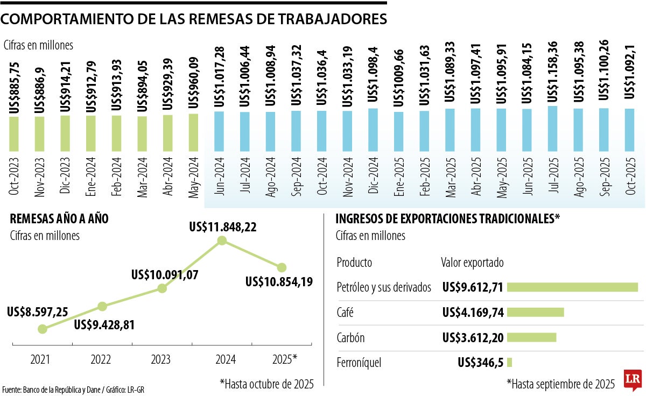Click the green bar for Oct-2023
[14, 133]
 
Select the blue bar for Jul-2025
[552, 129]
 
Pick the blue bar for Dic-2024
[373, 130]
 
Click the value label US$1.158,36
[552, 72]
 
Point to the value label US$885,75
[14, 87]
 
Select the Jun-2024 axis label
[219, 176]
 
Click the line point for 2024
[221, 242]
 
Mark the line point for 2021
[43, 329]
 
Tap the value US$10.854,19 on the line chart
[279, 281]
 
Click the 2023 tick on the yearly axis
[161, 358]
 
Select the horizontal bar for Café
[535, 312]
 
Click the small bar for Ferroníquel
[509, 363]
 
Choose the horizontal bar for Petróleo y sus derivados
[572, 287]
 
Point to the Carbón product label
[350, 338]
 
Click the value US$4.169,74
[472, 313]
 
